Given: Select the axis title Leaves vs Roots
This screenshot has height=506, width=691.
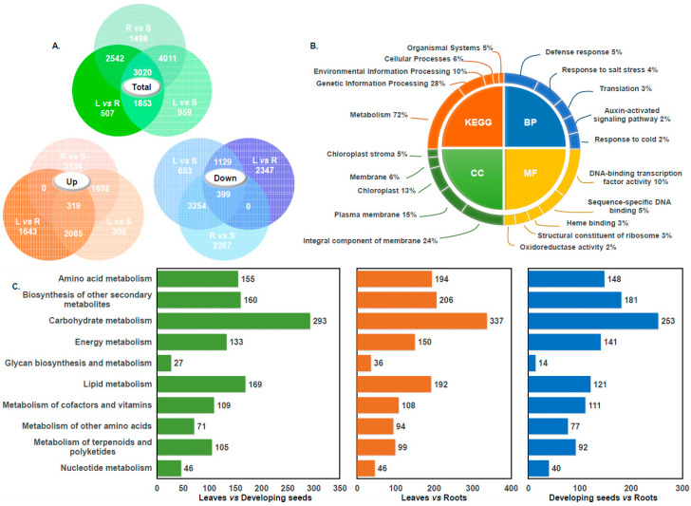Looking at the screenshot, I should [x=432, y=496].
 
